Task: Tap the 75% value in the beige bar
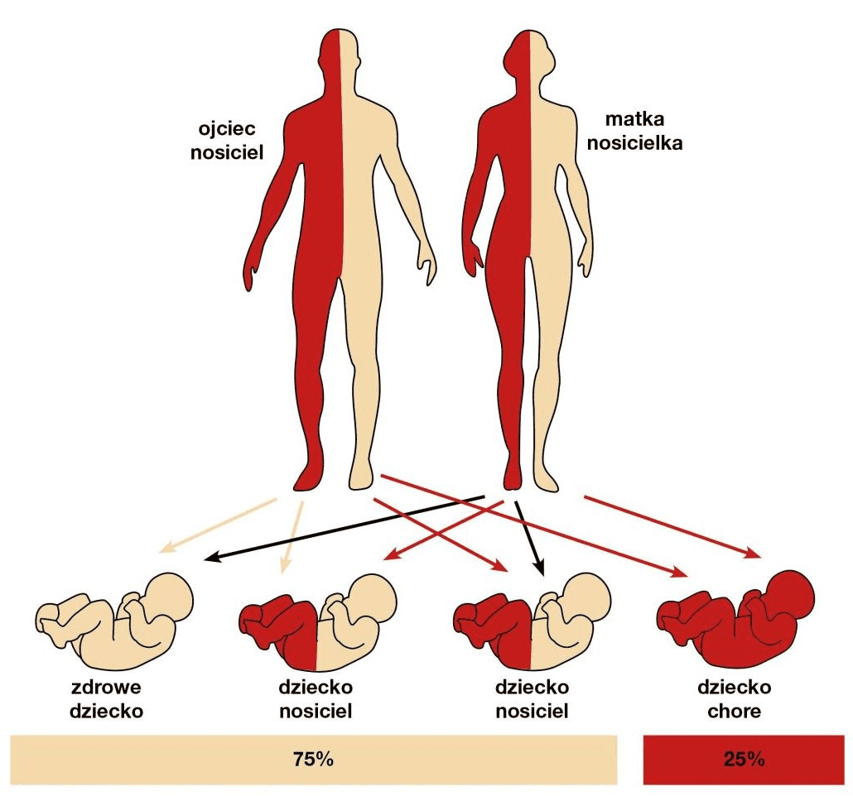pyautogui.click(x=313, y=758)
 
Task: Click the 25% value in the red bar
pyautogui.click(x=743, y=758)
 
